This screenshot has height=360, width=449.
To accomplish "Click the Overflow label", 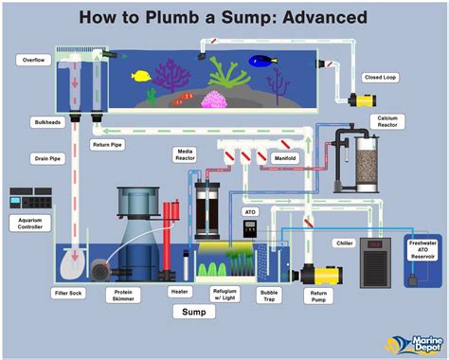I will (32, 60).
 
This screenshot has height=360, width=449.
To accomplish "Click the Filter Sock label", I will (69, 293).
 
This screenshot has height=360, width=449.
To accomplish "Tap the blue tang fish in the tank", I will (260, 62).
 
